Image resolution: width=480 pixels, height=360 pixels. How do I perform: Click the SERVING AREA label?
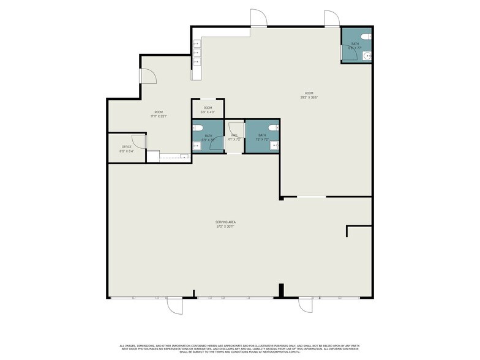225,222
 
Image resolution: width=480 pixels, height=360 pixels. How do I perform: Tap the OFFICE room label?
127,147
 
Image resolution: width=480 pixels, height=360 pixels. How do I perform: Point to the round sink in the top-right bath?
366,56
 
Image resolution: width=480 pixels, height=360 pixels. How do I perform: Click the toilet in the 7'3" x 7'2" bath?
274,129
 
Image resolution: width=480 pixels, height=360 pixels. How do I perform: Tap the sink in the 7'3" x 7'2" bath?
275,145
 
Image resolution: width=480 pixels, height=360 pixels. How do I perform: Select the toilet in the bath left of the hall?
197,128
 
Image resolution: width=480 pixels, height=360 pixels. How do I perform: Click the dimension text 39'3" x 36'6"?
309,97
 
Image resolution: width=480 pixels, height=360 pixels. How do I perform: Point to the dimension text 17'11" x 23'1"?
159,116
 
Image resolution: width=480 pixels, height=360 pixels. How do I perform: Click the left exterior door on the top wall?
258,19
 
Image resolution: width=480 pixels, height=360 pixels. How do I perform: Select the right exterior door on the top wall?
332,19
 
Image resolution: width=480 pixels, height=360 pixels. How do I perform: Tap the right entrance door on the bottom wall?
306,305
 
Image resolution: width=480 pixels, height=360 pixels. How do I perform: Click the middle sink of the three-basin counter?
197,53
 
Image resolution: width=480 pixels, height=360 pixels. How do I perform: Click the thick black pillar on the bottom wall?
280,291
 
